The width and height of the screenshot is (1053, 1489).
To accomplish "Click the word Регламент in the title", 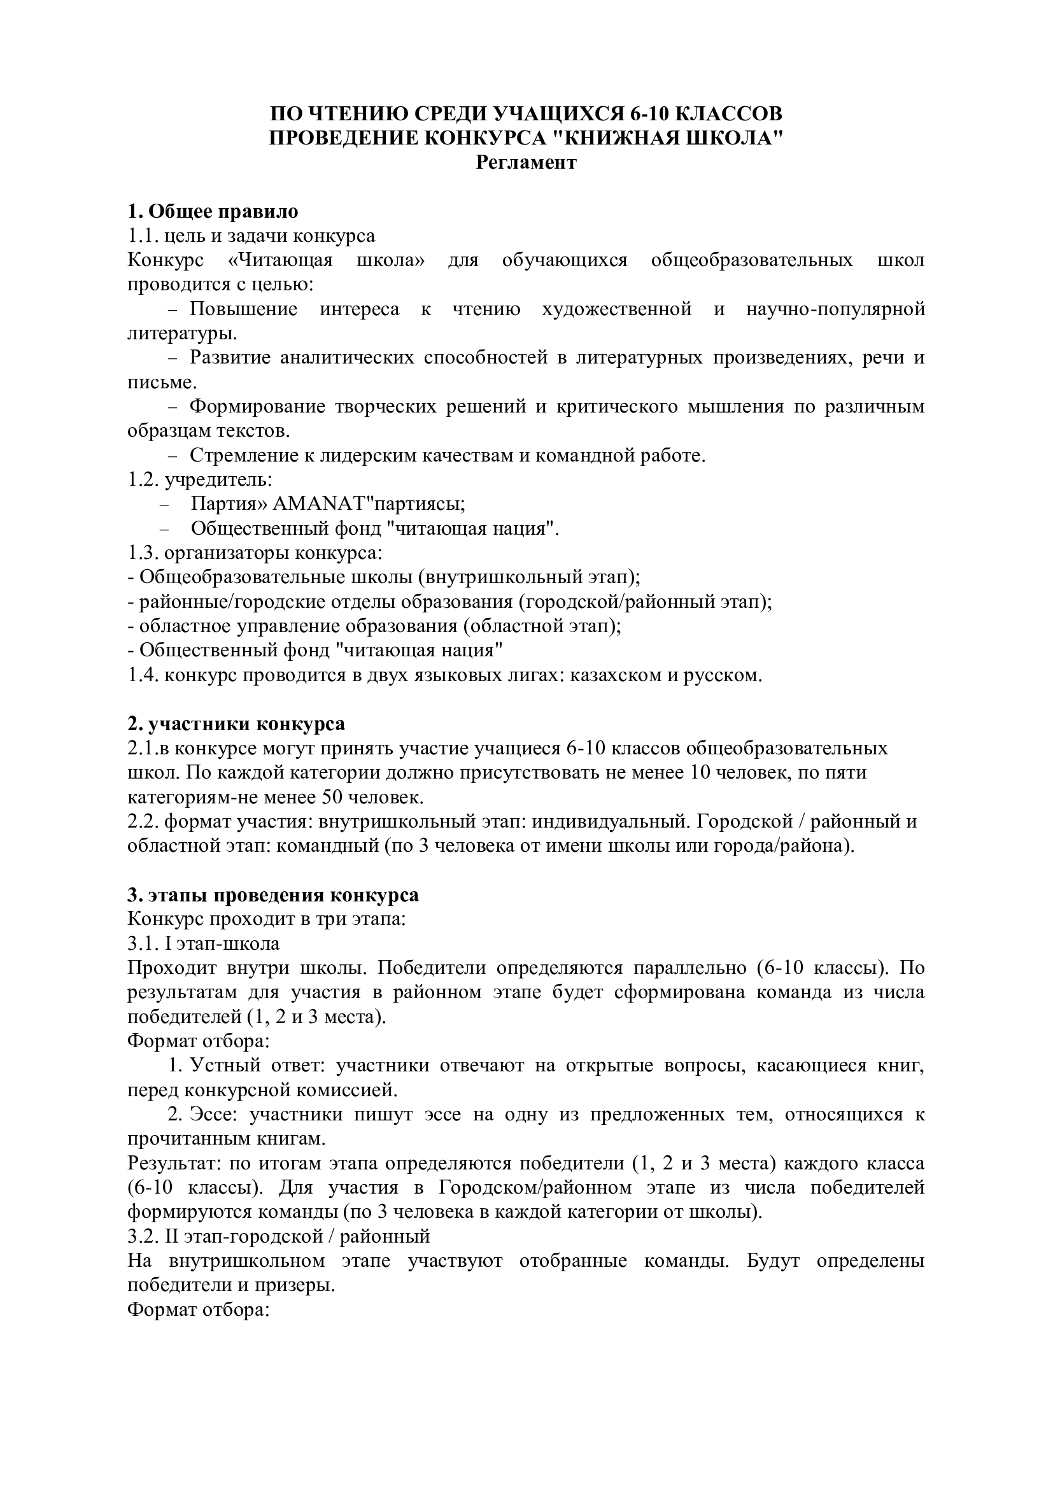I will click(526, 162).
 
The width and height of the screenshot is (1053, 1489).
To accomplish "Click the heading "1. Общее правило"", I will click(213, 211).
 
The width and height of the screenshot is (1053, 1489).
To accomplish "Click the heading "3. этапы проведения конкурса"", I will click(273, 895).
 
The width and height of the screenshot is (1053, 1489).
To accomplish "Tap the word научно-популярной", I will click(835, 309).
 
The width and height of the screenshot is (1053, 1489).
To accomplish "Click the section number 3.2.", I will click(143, 1236).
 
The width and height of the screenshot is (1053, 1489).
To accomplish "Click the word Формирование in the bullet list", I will click(257, 407).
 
